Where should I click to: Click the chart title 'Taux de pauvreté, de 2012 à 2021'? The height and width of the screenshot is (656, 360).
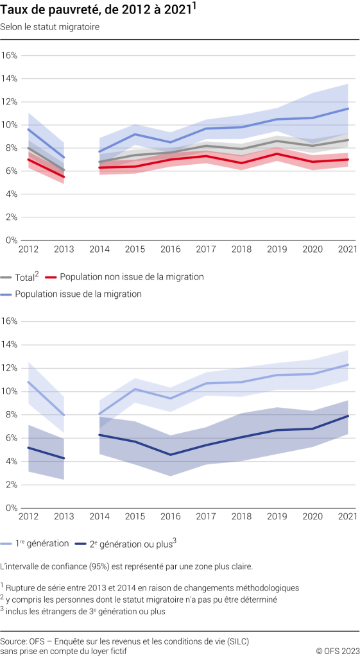click(96, 10)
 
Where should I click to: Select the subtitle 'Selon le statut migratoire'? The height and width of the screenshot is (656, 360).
click(50, 27)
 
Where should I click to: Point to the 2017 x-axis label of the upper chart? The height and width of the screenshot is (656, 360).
click(206, 249)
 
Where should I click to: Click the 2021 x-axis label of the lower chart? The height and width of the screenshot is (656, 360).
click(347, 517)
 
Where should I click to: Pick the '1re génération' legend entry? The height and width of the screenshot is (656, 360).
click(43, 543)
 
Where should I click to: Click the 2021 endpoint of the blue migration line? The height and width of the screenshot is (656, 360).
click(348, 108)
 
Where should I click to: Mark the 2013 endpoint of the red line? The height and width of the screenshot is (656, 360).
click(64, 176)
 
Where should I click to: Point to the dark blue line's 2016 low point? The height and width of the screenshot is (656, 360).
click(170, 455)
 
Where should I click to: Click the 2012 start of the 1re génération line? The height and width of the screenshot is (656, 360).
click(28, 382)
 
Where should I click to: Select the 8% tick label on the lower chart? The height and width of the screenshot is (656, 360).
click(11, 415)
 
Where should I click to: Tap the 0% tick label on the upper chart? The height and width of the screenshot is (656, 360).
click(11, 240)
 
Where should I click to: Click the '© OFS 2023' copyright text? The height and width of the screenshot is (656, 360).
click(337, 651)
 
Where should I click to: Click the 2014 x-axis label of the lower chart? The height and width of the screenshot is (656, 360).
click(99, 517)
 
